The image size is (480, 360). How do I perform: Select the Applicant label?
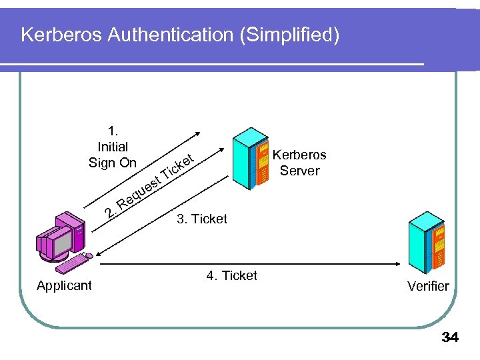pyautogui.click(x=65, y=286)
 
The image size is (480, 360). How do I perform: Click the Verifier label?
pyautogui.click(x=429, y=286)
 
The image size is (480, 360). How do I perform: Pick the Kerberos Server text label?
pyautogui.click(x=300, y=163)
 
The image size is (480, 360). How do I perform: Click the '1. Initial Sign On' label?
pyautogui.click(x=113, y=147)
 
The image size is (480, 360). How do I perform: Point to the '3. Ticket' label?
pyautogui.click(x=202, y=219)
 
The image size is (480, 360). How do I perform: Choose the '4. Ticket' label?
pyautogui.click(x=231, y=276)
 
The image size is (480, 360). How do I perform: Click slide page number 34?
pyautogui.click(x=450, y=338)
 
